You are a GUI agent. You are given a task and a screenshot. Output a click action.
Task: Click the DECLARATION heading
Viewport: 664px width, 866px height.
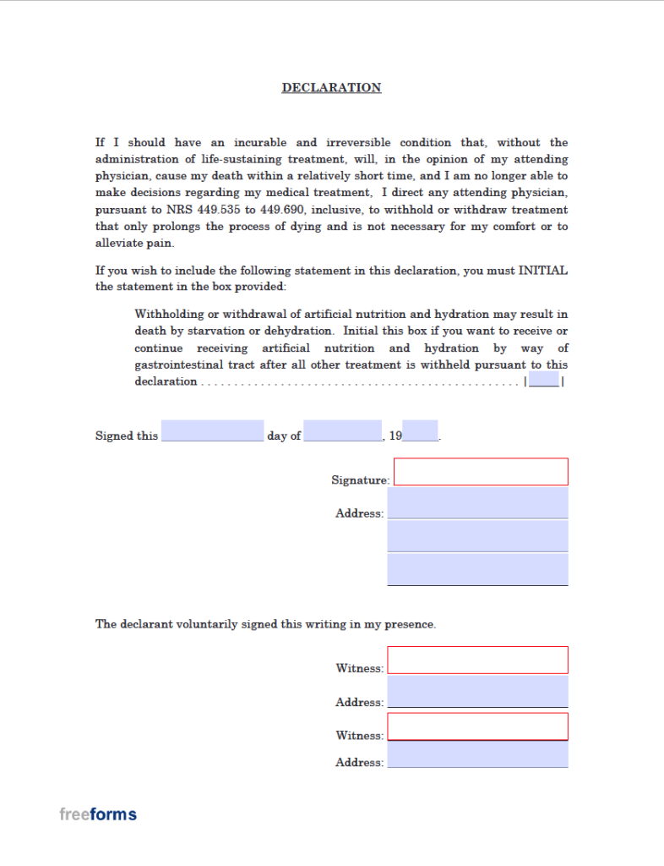[x=331, y=88]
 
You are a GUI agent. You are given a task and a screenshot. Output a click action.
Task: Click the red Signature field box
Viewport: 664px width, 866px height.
[x=481, y=472]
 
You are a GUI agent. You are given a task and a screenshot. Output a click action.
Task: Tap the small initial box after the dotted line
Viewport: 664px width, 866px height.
[x=544, y=381]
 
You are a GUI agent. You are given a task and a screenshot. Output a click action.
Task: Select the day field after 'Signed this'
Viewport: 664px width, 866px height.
[x=212, y=431]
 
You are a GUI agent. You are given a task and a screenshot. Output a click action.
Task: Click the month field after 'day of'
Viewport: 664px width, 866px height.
[x=342, y=431]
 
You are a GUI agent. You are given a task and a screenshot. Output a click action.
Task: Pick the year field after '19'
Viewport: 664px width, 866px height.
[x=420, y=431]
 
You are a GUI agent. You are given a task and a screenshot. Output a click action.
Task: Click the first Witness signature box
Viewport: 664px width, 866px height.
[x=477, y=660]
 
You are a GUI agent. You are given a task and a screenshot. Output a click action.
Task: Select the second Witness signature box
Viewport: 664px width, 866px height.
[x=477, y=726]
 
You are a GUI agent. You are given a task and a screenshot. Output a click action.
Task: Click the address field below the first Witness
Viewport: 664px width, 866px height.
[x=477, y=691]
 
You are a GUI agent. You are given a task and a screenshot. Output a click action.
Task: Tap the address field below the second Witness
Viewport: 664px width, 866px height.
[x=477, y=754]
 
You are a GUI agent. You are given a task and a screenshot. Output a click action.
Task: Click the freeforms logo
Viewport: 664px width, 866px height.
[x=98, y=814]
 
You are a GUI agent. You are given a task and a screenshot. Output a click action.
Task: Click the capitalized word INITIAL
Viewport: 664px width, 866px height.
[x=542, y=271]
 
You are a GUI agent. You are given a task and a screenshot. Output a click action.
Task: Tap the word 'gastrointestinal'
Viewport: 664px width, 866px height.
[x=179, y=364]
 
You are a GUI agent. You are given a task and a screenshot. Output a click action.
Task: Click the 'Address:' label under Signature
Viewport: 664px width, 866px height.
[x=359, y=513]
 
